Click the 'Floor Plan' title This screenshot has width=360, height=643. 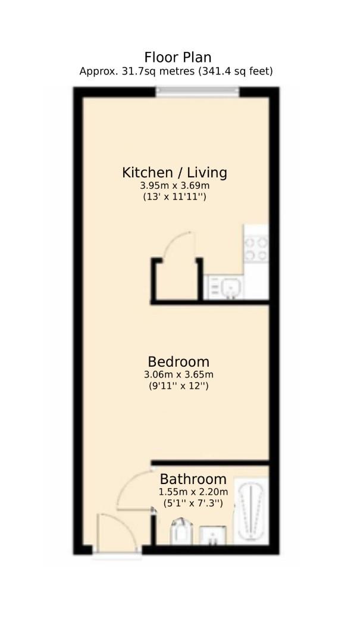point(177,57)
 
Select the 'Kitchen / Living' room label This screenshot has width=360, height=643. point(174,173)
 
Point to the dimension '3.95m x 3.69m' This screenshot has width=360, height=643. point(174,186)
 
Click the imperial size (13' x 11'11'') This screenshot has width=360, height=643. point(174,196)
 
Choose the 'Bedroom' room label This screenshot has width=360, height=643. point(179,361)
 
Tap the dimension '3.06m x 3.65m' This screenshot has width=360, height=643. point(179,374)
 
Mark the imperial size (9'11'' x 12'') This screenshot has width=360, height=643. point(179,386)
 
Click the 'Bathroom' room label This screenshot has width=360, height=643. point(193,479)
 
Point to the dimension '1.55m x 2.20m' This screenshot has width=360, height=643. point(193,492)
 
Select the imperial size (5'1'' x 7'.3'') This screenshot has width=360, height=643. point(193,503)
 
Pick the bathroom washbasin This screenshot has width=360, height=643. point(212,535)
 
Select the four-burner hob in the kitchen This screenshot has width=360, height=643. point(256,249)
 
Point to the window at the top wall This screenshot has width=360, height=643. point(198,91)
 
